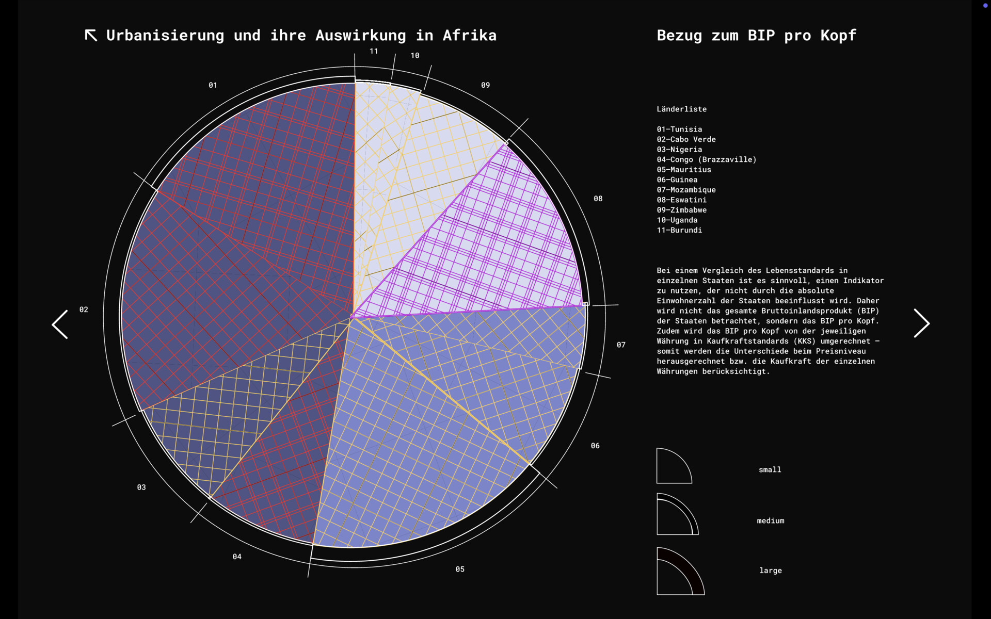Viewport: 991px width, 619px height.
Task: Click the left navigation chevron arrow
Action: tap(60, 324)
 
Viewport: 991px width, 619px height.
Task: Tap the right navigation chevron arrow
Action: tap(921, 323)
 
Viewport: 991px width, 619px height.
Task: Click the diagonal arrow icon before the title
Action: tap(91, 35)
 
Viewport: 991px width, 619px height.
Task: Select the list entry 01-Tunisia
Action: tap(679, 129)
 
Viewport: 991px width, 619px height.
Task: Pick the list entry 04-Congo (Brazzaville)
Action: tap(706, 159)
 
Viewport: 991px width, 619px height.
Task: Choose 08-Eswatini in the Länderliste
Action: tap(681, 200)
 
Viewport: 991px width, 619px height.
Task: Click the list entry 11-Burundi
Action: tap(679, 230)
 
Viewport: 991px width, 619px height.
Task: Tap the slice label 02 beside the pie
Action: tap(84, 309)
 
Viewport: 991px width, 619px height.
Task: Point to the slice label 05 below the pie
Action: tap(460, 569)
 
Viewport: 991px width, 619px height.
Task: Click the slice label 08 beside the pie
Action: tap(598, 199)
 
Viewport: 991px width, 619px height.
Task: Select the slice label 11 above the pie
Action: tap(374, 51)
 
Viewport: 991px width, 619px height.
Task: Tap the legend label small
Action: tap(770, 469)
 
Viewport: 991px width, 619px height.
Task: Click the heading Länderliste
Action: tap(681, 109)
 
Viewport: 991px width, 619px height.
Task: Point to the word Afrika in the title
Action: tap(469, 35)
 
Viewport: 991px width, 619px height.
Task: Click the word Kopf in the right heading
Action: tap(838, 35)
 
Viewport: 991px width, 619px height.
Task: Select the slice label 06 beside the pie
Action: tap(595, 446)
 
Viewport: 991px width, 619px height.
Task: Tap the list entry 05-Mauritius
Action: tap(684, 170)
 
